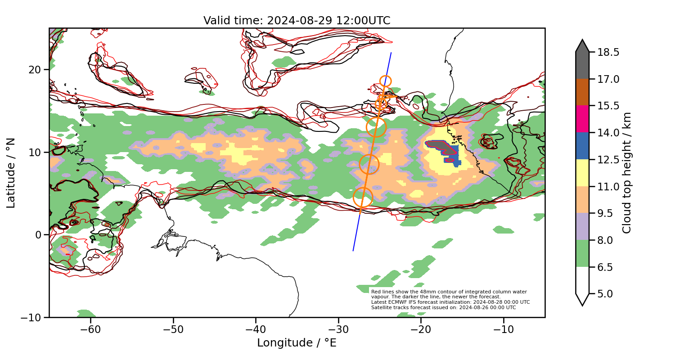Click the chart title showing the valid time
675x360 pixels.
[x=297, y=21]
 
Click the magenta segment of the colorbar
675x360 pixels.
[x=582, y=119]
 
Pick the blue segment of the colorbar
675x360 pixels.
[x=582, y=146]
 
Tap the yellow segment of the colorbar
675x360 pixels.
[x=582, y=172]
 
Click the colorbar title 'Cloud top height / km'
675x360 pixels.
[x=627, y=173]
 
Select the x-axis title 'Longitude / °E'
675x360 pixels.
[x=297, y=343]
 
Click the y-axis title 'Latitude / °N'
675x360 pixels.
[x=11, y=173]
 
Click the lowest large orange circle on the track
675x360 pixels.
[x=363, y=197]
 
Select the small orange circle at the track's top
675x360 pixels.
[x=386, y=81]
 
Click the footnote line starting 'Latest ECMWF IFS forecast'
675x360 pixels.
[x=450, y=302]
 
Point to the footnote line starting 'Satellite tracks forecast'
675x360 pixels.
[x=443, y=307]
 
